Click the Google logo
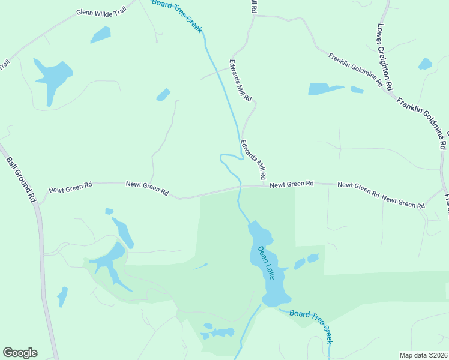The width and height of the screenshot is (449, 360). pyautogui.click(x=20, y=353)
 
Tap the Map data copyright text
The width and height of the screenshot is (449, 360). pyautogui.click(x=424, y=355)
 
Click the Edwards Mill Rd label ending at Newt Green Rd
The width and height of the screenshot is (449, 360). pyautogui.click(x=253, y=160)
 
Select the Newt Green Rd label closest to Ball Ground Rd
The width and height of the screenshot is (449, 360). pyautogui.click(x=70, y=188)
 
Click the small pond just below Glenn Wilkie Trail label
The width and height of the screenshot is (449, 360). pyautogui.click(x=100, y=35)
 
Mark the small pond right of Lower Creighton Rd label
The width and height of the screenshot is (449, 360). pyautogui.click(x=425, y=64)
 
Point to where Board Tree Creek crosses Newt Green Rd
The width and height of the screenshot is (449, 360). pyautogui.click(x=240, y=187)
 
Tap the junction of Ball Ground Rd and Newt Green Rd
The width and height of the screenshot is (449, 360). pyautogui.click(x=38, y=203)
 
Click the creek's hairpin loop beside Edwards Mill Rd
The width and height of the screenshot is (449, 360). pyautogui.click(x=223, y=158)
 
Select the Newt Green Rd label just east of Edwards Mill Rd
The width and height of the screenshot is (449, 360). pyautogui.click(x=292, y=184)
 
